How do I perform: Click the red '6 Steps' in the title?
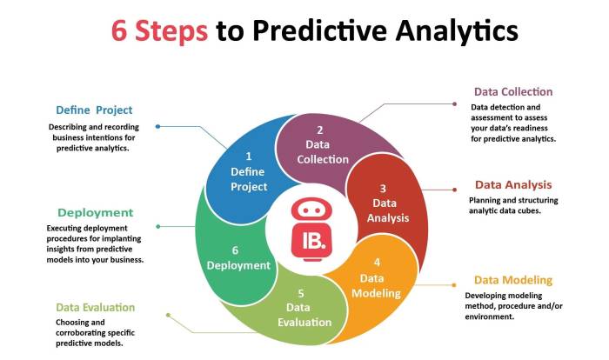coord(159,30)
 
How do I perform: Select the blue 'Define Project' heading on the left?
coord(94,110)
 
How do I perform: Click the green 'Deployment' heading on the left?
coord(95,212)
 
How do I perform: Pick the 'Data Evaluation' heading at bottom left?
coord(96,307)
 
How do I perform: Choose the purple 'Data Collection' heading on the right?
coord(512,91)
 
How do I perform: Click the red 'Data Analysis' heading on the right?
coord(512,184)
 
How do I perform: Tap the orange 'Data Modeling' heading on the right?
coord(512,279)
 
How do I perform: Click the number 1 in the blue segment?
coord(248,157)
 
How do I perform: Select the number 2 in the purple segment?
coord(320,130)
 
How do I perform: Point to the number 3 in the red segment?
coord(383,188)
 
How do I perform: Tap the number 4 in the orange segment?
coord(376,262)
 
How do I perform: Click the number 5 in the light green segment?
coord(300,292)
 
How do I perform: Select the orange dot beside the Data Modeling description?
coord(453,284)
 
